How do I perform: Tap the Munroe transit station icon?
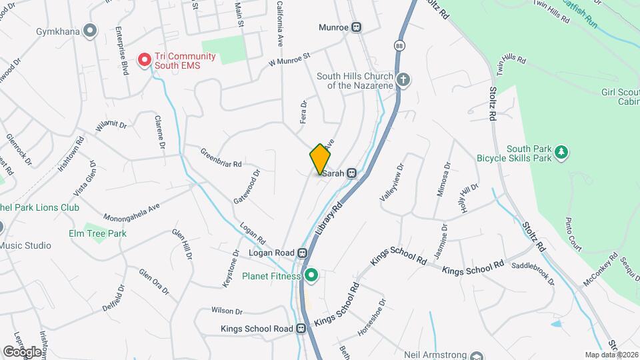tap(357, 27)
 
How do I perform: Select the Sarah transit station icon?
tap(351, 173)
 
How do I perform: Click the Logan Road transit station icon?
tap(303, 253)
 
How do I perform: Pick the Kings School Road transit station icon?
tap(301, 329)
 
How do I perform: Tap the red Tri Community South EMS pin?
tap(143, 60)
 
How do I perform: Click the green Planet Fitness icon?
tap(311, 275)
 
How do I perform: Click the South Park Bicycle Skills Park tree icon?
tap(562, 152)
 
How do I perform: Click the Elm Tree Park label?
tap(97, 233)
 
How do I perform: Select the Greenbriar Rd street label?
tap(220, 157)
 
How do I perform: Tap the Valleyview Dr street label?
tap(391, 182)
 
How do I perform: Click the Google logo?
tap(22, 351)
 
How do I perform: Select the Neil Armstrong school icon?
tap(476, 356)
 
